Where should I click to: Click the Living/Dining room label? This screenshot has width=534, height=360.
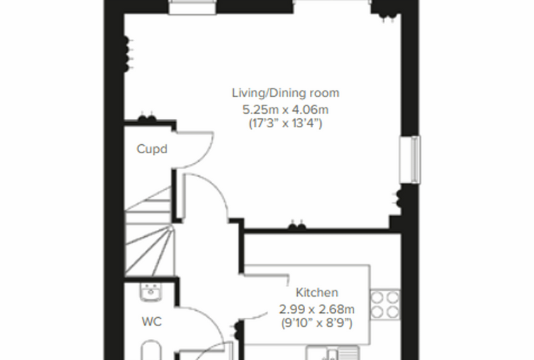point(285,93)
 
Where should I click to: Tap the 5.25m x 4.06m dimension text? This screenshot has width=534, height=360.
point(285,110)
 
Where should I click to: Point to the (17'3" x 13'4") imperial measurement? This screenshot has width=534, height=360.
point(285,123)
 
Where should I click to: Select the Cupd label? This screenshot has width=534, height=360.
point(152,149)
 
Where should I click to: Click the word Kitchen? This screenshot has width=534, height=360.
point(317,292)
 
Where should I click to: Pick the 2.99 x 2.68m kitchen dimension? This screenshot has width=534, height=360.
point(317,309)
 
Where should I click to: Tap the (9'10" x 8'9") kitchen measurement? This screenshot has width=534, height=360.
point(317,323)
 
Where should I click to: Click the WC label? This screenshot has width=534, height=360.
point(152,321)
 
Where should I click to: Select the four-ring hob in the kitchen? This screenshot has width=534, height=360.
point(385,304)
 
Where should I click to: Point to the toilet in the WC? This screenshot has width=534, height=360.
point(151,349)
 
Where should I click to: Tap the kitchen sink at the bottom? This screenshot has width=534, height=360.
point(332,353)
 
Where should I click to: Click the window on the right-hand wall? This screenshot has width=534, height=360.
point(411,160)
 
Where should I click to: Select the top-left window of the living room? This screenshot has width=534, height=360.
point(193,7)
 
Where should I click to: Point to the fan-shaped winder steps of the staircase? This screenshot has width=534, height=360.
point(149,250)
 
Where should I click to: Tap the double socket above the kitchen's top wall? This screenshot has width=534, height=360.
point(297,225)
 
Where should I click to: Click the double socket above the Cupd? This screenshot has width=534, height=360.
point(147,117)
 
